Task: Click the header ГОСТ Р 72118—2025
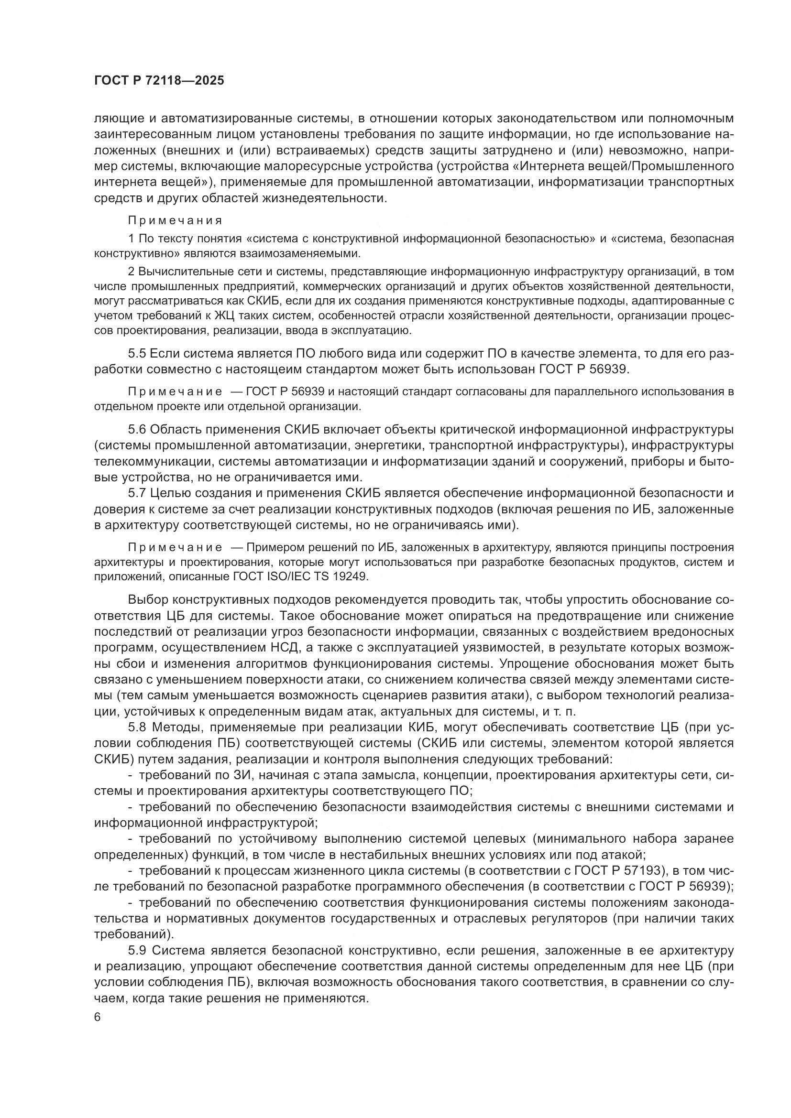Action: pyautogui.click(x=159, y=81)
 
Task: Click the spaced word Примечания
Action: pyautogui.click(x=175, y=220)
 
